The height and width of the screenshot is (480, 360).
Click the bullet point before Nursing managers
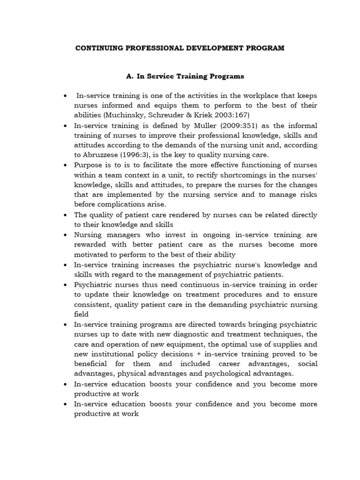pos(64,235)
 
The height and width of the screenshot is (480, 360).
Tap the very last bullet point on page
pos(64,404)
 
